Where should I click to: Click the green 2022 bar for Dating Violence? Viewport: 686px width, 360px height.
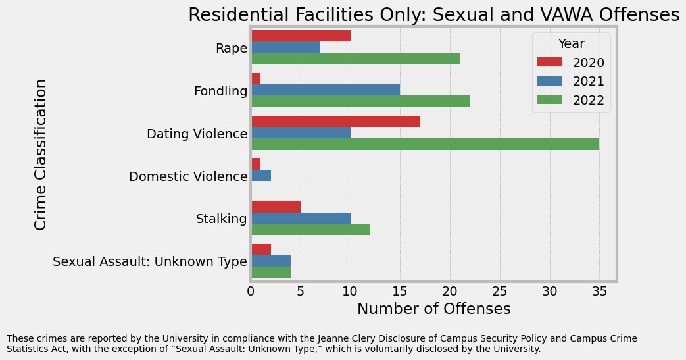(425, 144)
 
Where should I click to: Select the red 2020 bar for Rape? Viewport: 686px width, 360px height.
(301, 36)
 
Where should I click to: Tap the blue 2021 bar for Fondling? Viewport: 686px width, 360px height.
(326, 90)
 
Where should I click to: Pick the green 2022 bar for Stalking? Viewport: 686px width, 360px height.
(310, 229)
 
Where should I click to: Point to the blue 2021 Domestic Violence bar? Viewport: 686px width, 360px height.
(261, 175)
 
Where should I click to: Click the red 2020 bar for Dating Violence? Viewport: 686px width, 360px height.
(335, 121)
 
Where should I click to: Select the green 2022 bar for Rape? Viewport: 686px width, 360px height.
(355, 59)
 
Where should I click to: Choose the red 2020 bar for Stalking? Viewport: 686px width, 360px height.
(276, 207)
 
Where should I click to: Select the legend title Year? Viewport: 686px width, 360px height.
(572, 44)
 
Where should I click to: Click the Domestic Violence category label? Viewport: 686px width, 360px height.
(188, 176)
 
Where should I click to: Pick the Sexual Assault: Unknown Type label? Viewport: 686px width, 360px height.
(150, 262)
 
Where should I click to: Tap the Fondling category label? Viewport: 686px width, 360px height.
(220, 91)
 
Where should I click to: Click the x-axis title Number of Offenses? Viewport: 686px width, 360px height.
(433, 309)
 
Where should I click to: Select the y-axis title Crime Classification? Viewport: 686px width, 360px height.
(41, 155)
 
